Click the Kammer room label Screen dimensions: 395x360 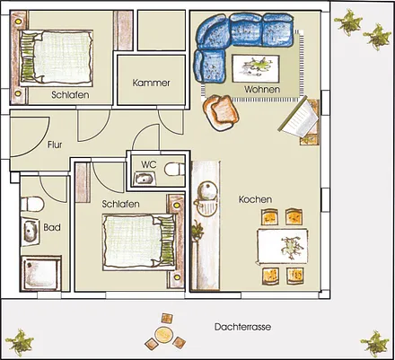click(151, 83)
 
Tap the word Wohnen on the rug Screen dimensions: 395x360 click(262, 89)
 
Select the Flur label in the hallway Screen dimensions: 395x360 click(55, 145)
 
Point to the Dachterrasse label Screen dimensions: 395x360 click(242, 327)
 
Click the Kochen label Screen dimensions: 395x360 click(255, 199)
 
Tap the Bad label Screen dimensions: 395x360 click(52, 227)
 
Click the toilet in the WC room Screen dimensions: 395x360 click(175, 170)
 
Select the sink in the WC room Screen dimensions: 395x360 click(145, 179)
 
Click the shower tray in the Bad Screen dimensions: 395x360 click(41, 273)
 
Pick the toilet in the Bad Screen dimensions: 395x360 click(32, 204)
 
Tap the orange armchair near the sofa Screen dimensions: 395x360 click(221, 112)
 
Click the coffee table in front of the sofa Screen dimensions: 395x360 click(256, 68)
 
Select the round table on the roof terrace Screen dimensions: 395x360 click(162, 335)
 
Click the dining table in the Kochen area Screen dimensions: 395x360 click(283, 246)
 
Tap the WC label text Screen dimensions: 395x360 click(149, 164)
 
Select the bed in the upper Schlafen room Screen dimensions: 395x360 click(57, 57)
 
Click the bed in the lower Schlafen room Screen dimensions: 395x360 click(138, 241)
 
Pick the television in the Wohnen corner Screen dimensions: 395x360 click(299, 118)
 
